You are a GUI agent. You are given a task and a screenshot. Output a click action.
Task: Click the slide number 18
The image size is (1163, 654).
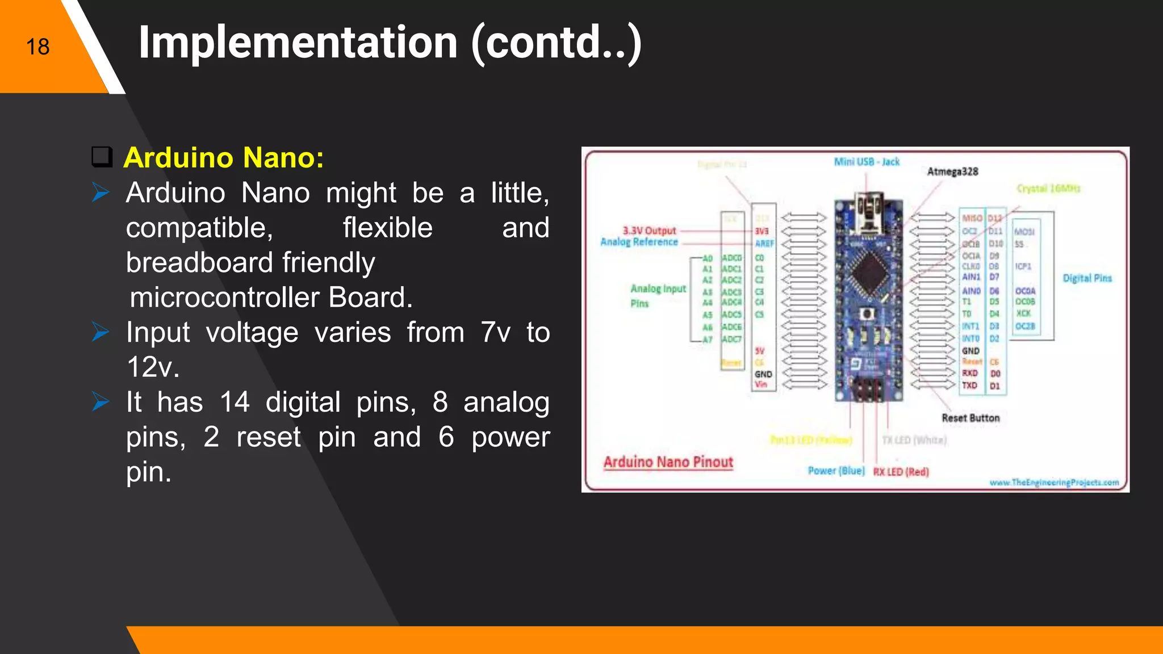tap(37, 47)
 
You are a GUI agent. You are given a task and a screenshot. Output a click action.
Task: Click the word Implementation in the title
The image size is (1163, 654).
tap(298, 43)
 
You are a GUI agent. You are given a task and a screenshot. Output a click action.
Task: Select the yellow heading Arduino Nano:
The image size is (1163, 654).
tap(224, 157)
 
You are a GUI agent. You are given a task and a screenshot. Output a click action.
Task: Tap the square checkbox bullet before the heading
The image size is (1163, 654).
tap(102, 157)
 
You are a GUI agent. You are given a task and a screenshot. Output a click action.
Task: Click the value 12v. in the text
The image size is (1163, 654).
tap(153, 367)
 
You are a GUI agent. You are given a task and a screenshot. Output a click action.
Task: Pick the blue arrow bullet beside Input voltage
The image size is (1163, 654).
tap(101, 332)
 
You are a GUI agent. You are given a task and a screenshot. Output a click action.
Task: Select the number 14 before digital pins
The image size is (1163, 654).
tap(235, 402)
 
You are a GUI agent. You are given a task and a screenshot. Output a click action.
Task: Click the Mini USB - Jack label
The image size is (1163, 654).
tap(867, 162)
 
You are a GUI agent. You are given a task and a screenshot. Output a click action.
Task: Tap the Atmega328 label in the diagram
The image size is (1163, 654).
tap(952, 171)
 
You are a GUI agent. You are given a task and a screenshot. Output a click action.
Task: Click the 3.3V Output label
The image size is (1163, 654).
tap(649, 230)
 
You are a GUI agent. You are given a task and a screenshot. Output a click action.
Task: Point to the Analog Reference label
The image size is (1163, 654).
tap(639, 242)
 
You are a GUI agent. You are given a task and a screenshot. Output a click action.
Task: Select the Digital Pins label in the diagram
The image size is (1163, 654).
tap(1087, 278)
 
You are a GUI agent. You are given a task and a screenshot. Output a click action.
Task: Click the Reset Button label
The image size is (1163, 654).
tap(970, 418)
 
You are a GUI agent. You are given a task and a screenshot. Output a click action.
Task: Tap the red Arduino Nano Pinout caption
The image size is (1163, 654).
tap(668, 462)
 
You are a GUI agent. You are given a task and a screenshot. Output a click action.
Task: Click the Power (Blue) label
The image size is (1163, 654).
tap(836, 471)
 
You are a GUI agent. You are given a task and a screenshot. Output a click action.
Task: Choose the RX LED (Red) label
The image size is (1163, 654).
tap(901, 472)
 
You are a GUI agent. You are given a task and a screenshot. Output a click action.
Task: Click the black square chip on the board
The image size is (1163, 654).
tap(868, 271)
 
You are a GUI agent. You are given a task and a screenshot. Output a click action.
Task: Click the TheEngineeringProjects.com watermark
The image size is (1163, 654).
tap(1054, 483)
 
